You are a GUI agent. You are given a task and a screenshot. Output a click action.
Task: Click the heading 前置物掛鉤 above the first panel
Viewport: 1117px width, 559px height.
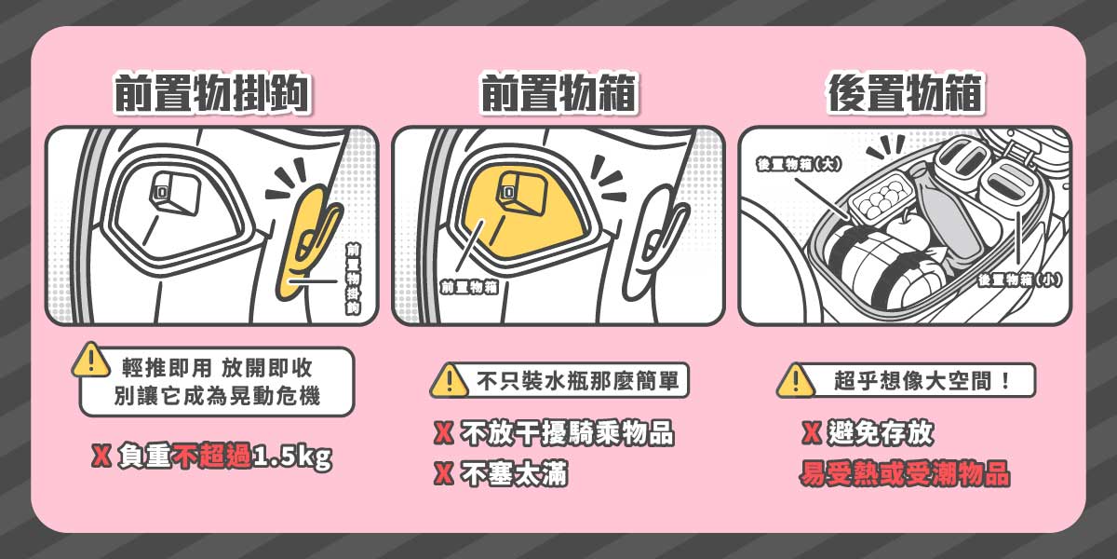point(212,94)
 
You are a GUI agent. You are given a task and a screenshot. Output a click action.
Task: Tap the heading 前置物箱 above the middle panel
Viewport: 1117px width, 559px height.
point(558,94)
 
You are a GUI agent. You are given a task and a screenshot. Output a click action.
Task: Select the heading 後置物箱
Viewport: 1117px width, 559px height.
point(906,94)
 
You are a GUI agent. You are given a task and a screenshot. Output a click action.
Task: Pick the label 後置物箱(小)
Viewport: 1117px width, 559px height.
point(1019,279)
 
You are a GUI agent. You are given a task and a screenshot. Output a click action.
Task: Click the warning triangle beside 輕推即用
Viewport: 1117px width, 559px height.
point(91,360)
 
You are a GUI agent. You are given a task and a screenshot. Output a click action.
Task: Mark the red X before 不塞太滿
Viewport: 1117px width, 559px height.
point(444,474)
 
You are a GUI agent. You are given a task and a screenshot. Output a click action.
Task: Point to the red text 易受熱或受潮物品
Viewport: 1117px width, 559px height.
point(905,474)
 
